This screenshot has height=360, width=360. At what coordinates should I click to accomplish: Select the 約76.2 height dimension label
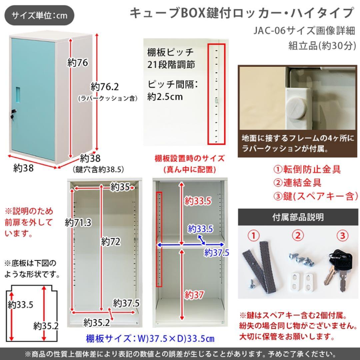click(105, 87)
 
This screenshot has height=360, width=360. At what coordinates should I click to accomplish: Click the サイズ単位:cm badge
click(39, 16)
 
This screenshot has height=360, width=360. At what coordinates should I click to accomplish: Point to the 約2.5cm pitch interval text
click(165, 97)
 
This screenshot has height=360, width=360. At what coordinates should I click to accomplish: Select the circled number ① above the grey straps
click(254, 236)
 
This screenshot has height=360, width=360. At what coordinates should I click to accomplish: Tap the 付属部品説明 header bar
click(298, 217)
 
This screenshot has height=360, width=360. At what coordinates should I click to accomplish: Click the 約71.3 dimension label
click(78, 222)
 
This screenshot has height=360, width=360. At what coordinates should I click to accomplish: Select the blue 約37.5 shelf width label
click(217, 253)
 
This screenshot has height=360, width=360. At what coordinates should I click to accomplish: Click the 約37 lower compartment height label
click(194, 295)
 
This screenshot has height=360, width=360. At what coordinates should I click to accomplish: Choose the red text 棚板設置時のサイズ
click(190, 158)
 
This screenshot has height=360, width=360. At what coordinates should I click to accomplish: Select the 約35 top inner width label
click(120, 188)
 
